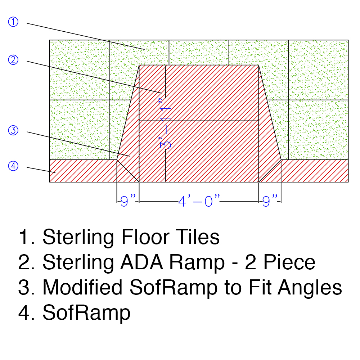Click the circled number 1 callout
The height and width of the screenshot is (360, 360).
point(13,22)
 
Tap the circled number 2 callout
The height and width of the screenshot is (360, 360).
point(13,60)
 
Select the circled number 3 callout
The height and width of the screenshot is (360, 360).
point(13,130)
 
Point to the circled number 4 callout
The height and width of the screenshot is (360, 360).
point(13,166)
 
